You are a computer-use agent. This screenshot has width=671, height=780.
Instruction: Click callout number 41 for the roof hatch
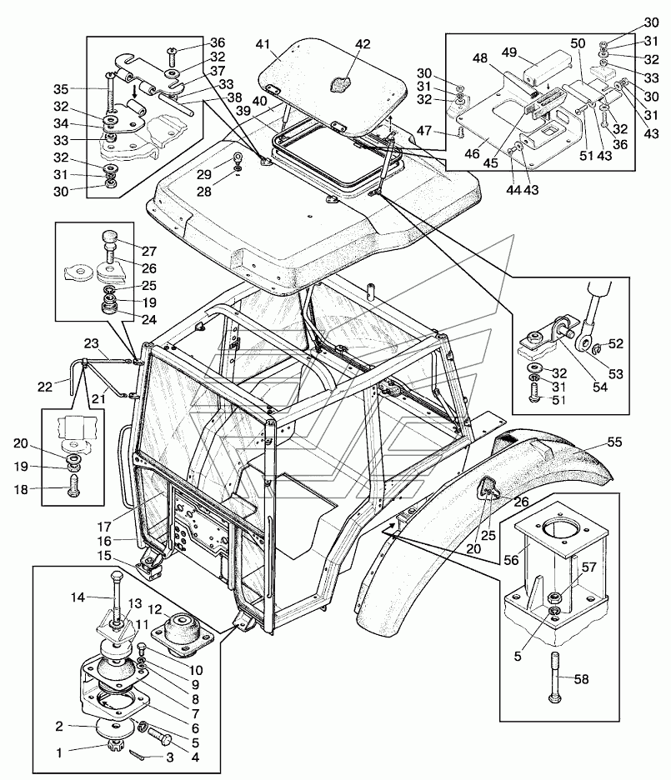tap(263, 45)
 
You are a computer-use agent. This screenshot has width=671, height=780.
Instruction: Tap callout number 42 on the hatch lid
tap(363, 44)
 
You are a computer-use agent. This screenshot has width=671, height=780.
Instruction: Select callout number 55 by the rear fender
tap(615, 442)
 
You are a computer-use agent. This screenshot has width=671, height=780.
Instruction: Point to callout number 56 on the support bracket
tap(511, 560)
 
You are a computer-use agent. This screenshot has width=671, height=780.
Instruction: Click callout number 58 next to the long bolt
tap(581, 679)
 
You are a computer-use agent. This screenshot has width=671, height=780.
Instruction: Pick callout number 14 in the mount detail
tap(78, 597)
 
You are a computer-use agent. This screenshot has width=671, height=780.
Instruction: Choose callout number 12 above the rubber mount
tap(155, 609)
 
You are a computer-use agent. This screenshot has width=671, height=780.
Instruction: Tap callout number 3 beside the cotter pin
tap(169, 758)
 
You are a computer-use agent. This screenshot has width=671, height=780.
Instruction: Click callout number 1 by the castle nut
tap(59, 753)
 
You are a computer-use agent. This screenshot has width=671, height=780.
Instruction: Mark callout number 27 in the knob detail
tap(148, 251)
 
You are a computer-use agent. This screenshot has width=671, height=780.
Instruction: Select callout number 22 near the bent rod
tap(45, 387)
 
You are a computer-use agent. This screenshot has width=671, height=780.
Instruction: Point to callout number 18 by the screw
tap(21, 489)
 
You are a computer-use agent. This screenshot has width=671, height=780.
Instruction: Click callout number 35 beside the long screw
tap(61, 89)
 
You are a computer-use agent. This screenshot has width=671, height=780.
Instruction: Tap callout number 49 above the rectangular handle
tap(509, 52)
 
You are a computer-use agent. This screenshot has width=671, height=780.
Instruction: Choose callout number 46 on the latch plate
tap(472, 153)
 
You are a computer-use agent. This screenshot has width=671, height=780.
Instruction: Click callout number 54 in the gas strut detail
tap(600, 387)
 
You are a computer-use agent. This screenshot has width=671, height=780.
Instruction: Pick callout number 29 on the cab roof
tap(204, 174)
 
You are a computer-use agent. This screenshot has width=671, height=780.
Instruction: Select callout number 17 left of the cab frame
tap(104, 526)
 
